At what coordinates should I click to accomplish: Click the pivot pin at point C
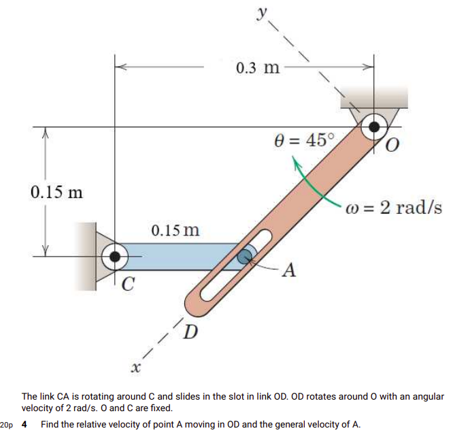(115, 257)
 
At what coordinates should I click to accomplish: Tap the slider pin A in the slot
(244, 257)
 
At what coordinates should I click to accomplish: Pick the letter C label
(127, 284)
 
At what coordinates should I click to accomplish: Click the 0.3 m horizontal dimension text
(257, 67)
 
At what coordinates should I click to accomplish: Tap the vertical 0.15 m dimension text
(56, 191)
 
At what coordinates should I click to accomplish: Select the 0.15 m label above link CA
(175, 229)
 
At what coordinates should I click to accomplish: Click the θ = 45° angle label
(304, 140)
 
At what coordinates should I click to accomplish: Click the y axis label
(261, 13)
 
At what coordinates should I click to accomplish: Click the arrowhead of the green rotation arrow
(296, 163)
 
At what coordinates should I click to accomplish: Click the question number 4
(24, 425)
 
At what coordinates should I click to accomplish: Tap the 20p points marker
(7, 425)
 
